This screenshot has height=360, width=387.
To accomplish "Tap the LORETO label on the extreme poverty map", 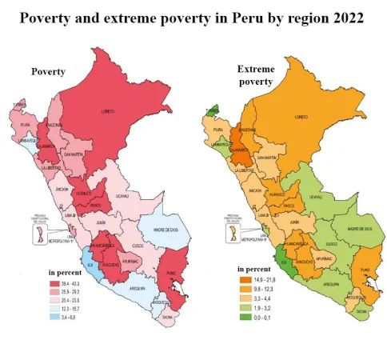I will click(x=301, y=117).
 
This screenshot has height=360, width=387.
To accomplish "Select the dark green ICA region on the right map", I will click(x=285, y=258).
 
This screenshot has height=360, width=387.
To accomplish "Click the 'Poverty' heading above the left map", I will click(x=48, y=71).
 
